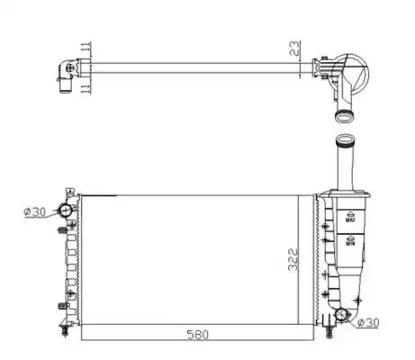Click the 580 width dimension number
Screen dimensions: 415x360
pyautogui.click(x=197, y=334)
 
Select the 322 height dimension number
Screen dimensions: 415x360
pyautogui.click(x=293, y=260)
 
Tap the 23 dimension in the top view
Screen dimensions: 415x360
pyautogui.click(x=295, y=49)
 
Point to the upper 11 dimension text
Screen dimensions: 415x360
pyautogui.click(x=86, y=48)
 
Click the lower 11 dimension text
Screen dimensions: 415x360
pyautogui.click(x=86, y=89)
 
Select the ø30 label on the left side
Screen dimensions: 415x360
pyautogui.click(x=35, y=212)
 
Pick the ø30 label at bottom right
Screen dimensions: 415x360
pyautogui.click(x=369, y=323)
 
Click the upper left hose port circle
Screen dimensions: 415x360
pyautogui.click(x=65, y=211)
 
